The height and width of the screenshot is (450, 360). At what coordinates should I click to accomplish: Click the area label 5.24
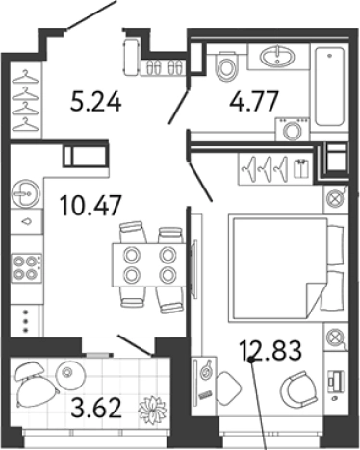pyautogui.click(x=96, y=101)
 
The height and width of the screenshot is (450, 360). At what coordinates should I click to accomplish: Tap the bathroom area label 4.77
pyautogui.click(x=253, y=101)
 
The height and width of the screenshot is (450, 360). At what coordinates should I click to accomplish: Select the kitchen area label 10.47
pyautogui.click(x=91, y=205)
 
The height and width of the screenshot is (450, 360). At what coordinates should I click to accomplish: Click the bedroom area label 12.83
pyautogui.click(x=270, y=350)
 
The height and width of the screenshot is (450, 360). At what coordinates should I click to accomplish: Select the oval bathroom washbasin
pyautogui.click(x=277, y=57)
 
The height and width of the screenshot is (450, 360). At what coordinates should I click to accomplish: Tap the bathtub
pyautogui.click(x=330, y=87)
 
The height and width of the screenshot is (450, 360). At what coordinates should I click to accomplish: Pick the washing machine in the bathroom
pyautogui.click(x=293, y=129)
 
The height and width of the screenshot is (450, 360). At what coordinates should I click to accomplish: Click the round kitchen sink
pyautogui.click(x=26, y=194)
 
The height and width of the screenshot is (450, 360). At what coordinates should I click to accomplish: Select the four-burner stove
pyautogui.click(x=26, y=268)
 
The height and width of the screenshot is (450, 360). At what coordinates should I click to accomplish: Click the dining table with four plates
pyautogui.click(x=148, y=265)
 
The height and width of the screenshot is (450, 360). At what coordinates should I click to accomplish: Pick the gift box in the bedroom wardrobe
pyautogui.click(x=301, y=168)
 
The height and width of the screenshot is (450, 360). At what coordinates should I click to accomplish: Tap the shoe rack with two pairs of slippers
pyautogui.click(x=164, y=68)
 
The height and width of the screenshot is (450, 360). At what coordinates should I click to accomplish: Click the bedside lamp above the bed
pyautogui.click(x=335, y=199)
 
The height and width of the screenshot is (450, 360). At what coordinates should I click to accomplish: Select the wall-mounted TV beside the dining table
pyautogui.click(x=193, y=268)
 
